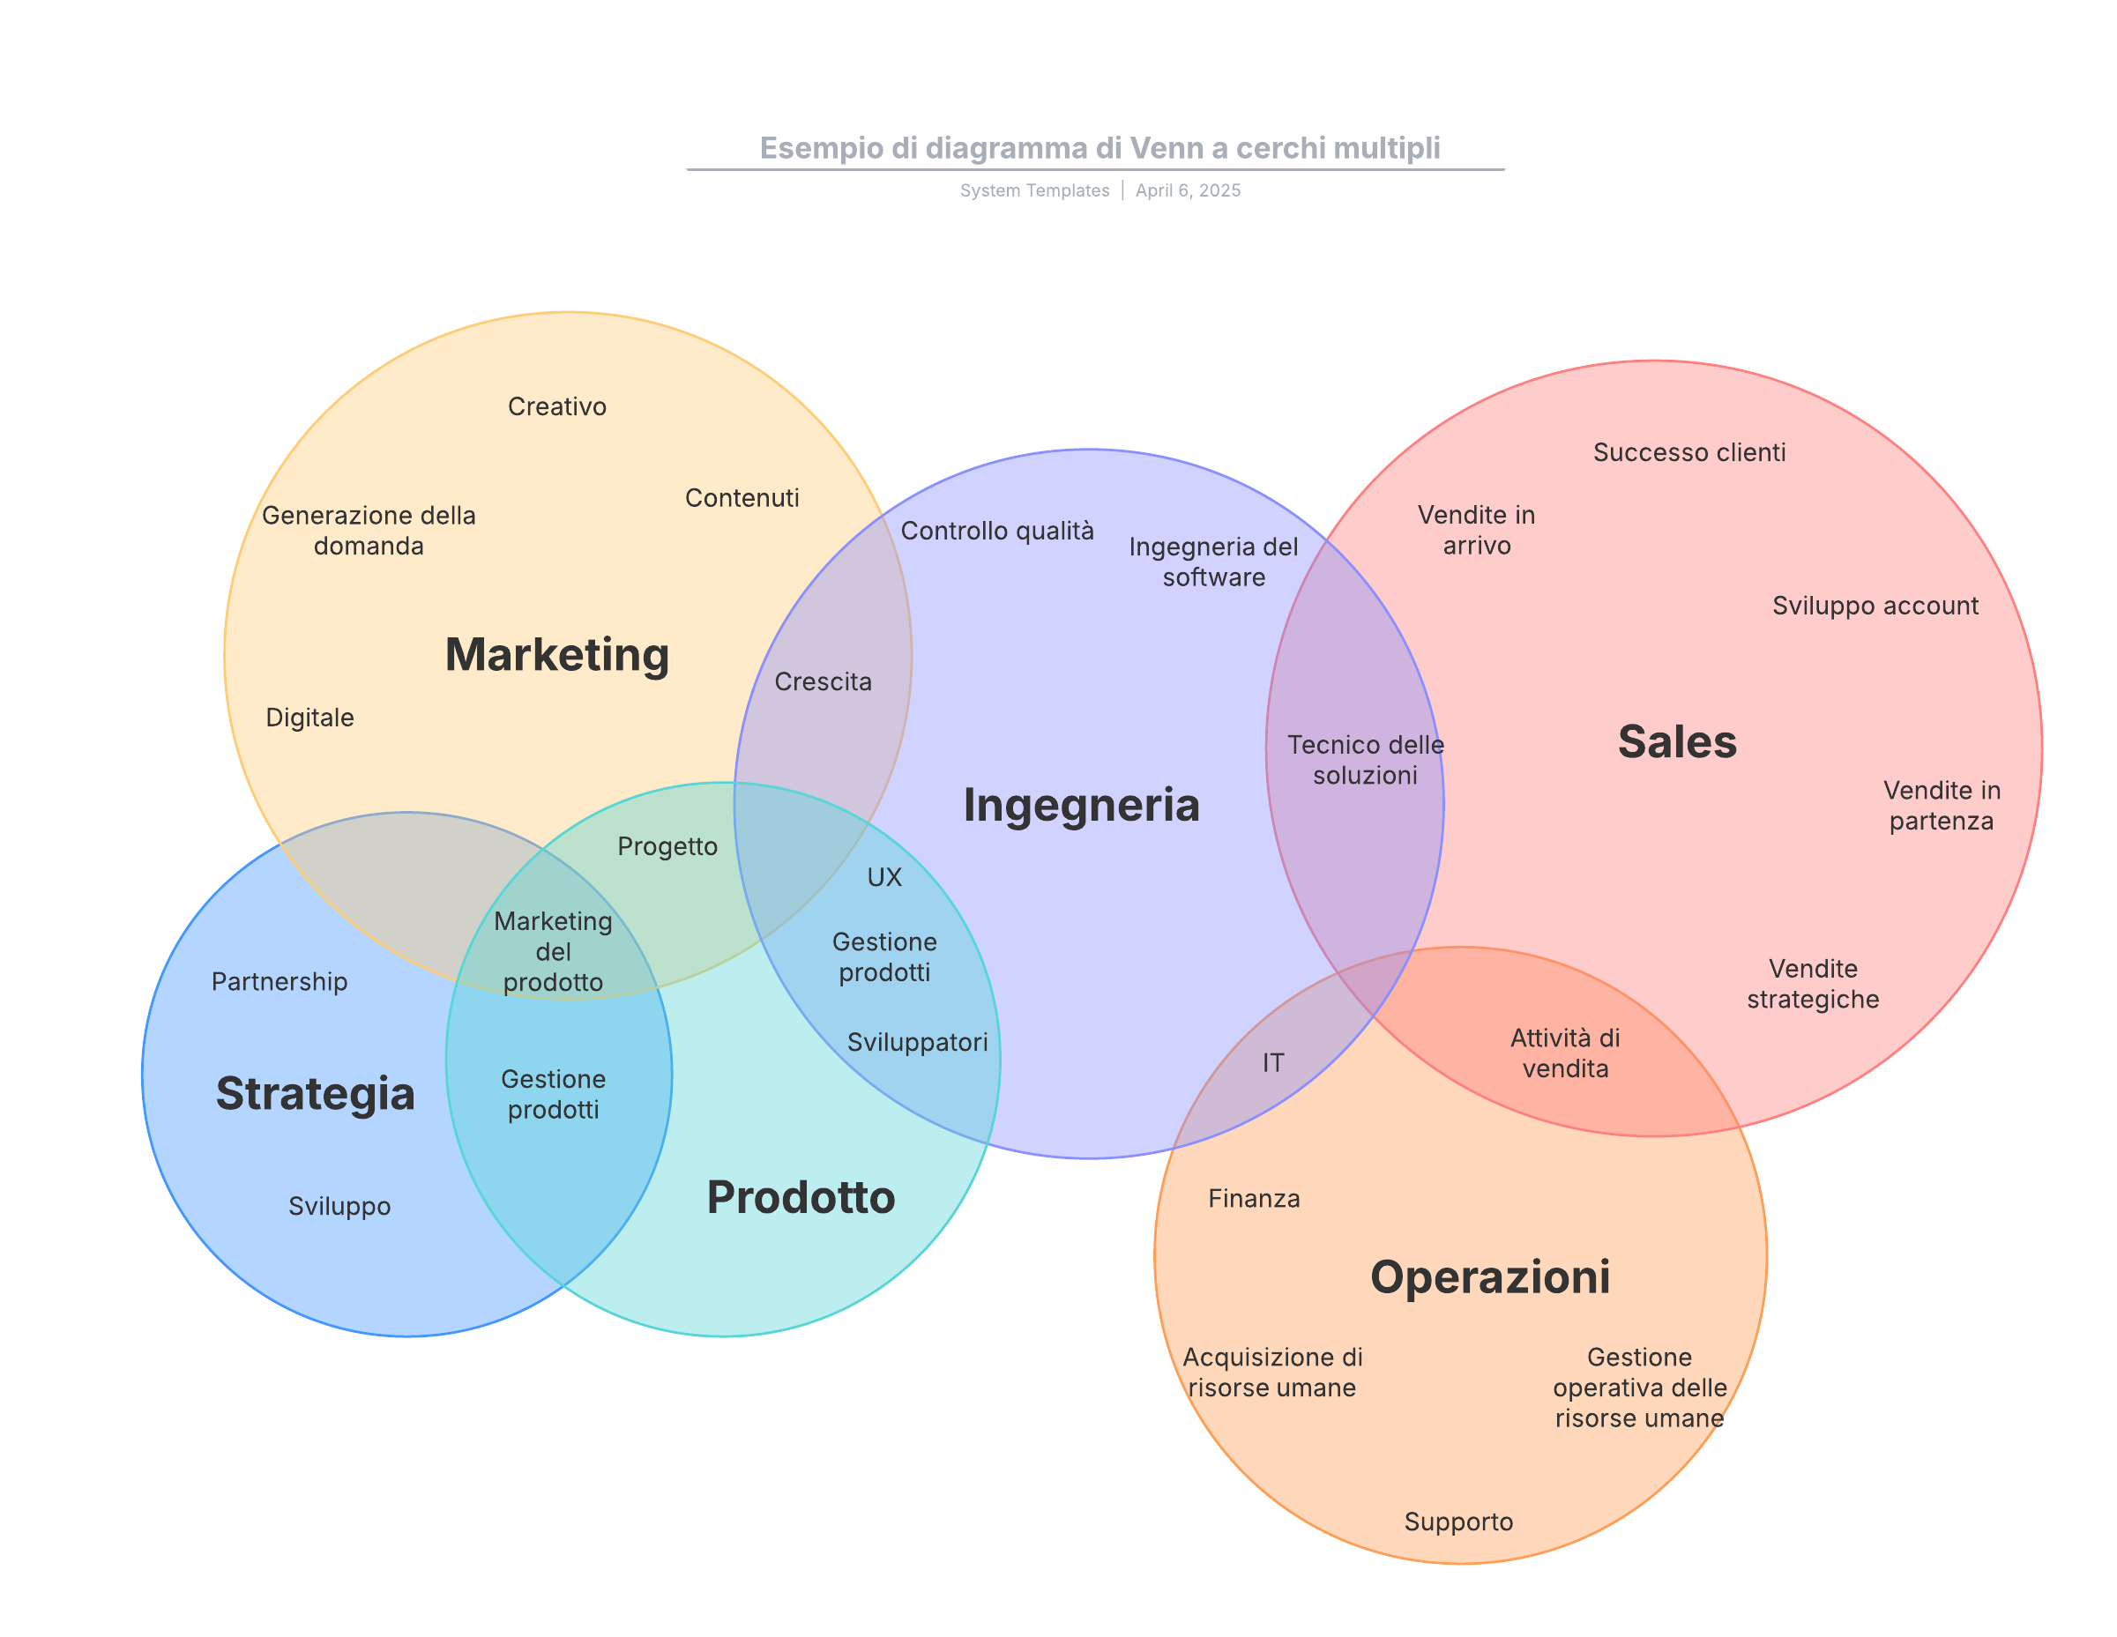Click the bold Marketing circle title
tap(556, 655)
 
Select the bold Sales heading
tap(1677, 742)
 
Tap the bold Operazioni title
tap(1490, 1277)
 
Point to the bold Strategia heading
tap(315, 1094)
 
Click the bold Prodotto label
tap(801, 1198)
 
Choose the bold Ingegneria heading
tap(1081, 806)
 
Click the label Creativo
tap(557, 407)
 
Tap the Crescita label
tap(823, 682)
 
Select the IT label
tap(1272, 1063)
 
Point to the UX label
tap(884, 878)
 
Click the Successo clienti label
tap(1688, 452)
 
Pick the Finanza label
tap(1253, 1199)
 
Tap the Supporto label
tap(1457, 1522)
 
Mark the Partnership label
tap(280, 982)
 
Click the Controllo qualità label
tap(996, 532)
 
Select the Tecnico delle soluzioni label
tap(1365, 760)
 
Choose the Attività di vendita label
tap(1564, 1053)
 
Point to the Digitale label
tap(309, 718)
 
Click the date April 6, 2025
tap(1188, 191)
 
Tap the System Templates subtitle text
tap(1034, 191)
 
